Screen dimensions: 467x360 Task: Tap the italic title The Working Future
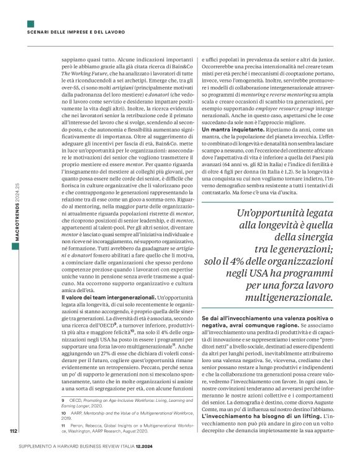pyautogui.click(x=85, y=74)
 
